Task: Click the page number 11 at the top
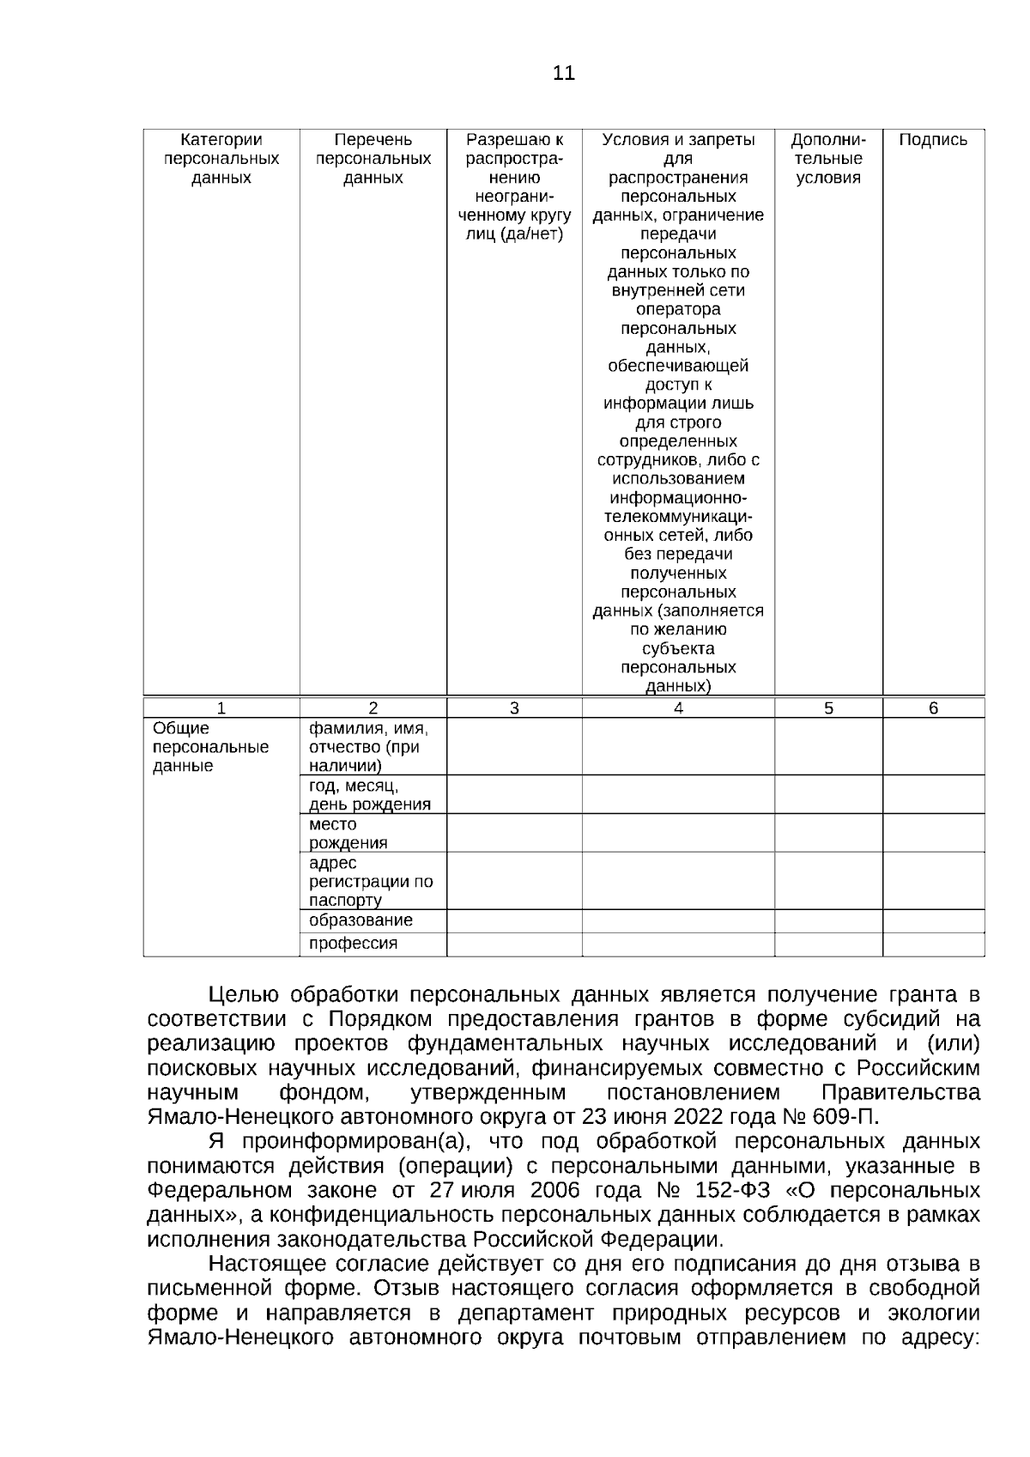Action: (563, 73)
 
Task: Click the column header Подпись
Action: (932, 141)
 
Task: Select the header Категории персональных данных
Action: (221, 159)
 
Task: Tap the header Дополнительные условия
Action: (827, 159)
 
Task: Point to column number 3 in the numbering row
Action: (514, 708)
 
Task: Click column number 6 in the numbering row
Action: (933, 708)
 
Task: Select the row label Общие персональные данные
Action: (210, 747)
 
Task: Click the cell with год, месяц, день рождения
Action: (370, 795)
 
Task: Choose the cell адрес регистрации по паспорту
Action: (370, 881)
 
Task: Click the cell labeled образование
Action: (360, 920)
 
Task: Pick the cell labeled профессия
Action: (353, 944)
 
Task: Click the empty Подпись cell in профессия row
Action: (933, 944)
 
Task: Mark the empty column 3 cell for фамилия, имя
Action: (514, 747)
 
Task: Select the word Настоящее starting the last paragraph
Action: (274, 1265)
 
